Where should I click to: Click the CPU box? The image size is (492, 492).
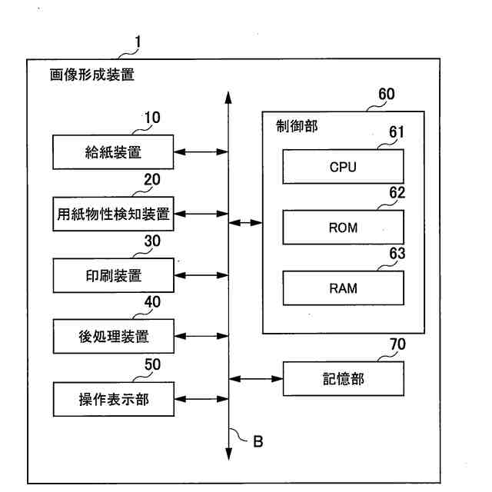pos(343,167)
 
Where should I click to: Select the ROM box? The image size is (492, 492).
pos(343,228)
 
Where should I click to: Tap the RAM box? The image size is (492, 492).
pos(343,289)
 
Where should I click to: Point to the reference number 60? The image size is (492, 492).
pos(387,95)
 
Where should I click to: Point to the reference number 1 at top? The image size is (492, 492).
pos(138,41)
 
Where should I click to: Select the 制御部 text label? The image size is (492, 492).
pos(296,126)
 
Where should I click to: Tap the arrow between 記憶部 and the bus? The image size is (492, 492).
pos(257,378)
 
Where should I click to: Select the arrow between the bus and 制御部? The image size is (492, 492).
pos(246,223)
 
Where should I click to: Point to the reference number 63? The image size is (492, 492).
pos(397,254)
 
